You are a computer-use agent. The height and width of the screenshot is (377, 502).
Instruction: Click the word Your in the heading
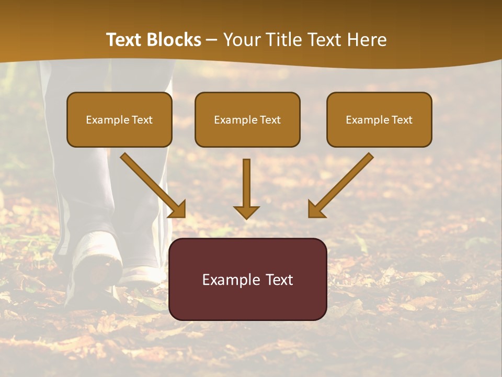[241, 40]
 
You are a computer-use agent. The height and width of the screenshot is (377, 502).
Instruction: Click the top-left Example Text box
[119, 120]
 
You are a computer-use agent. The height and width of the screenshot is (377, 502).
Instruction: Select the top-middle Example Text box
[247, 120]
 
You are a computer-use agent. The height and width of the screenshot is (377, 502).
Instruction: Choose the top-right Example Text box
[379, 120]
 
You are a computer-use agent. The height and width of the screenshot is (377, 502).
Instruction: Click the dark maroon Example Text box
[247, 279]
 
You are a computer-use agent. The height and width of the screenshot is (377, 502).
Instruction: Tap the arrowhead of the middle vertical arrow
[246, 212]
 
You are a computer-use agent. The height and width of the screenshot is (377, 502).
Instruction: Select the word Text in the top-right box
[402, 120]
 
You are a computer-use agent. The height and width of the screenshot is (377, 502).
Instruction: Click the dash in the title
[212, 40]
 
